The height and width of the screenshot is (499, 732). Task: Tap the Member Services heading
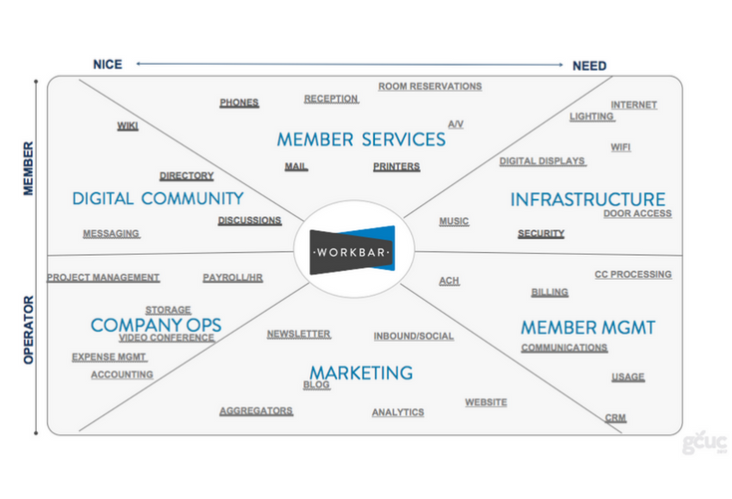[361, 138]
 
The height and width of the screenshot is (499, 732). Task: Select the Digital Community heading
[158, 198]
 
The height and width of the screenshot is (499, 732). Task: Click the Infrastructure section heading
[587, 199]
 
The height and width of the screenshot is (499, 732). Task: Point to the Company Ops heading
[156, 325]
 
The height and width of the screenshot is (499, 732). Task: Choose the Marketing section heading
[360, 373]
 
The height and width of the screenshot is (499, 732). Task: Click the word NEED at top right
[589, 66]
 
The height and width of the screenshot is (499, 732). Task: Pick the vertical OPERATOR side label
[28, 329]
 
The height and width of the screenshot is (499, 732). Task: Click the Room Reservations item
[430, 87]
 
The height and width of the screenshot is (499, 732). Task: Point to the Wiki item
[128, 125]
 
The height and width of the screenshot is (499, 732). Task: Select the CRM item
[615, 418]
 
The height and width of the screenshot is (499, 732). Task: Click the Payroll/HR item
[232, 277]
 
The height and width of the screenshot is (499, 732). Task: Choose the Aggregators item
[256, 410]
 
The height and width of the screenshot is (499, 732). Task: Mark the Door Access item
[637, 213]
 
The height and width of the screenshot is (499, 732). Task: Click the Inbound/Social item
[414, 336]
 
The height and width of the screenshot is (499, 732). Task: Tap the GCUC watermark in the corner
[704, 443]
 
